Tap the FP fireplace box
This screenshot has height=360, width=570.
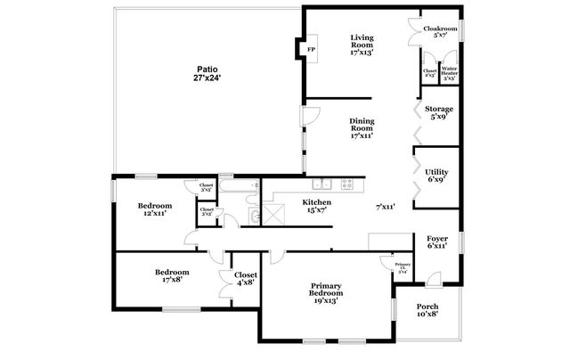coord(312,49)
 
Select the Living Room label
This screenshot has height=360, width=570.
coord(361,45)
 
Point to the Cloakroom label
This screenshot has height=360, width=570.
coord(439,31)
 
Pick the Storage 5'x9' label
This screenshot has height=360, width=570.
coord(438,113)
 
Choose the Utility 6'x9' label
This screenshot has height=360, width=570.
coord(436,176)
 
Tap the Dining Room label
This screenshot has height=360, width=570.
coord(361,129)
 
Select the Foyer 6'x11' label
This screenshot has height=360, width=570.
coord(436,241)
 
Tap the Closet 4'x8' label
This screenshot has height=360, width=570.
coord(245,279)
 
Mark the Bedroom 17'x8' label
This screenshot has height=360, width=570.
coord(172,275)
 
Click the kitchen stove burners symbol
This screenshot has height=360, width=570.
coord(346,184)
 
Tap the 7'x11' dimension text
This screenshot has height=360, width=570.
coord(385,207)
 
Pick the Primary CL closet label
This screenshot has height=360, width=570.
coord(403,268)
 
